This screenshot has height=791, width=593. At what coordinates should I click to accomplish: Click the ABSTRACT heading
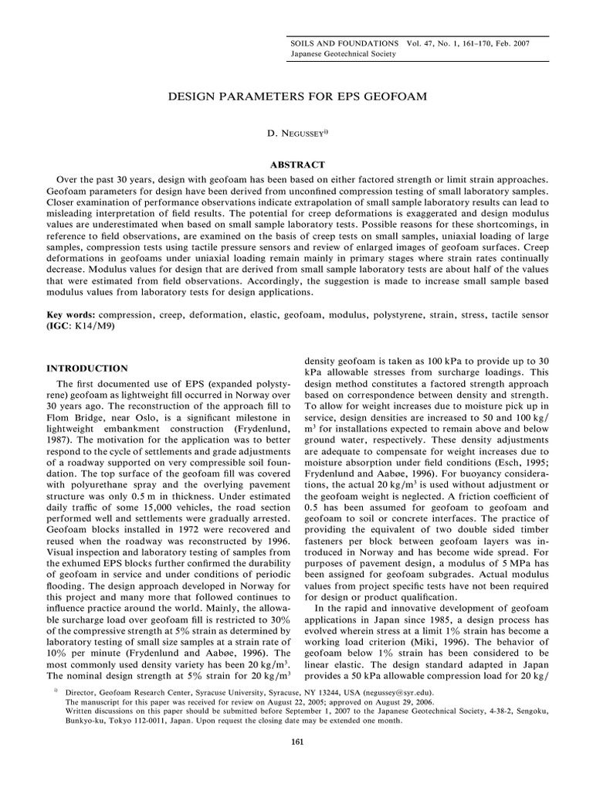(296, 165)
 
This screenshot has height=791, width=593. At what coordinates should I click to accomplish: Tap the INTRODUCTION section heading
(87, 368)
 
